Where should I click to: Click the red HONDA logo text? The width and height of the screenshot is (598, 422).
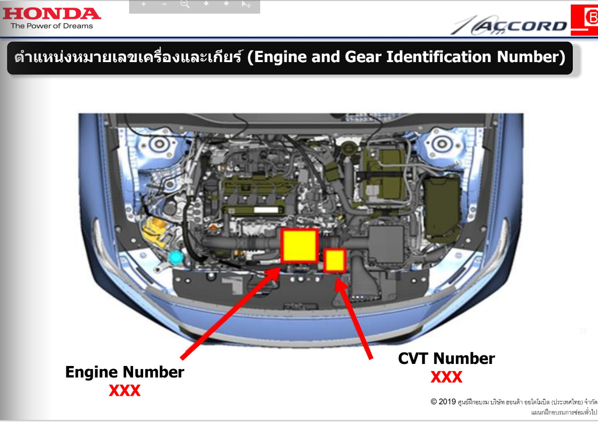pyautogui.click(x=51, y=14)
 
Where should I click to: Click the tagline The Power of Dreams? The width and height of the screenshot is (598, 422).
pyautogui.click(x=52, y=26)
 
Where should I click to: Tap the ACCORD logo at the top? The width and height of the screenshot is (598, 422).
pyautogui.click(x=510, y=25)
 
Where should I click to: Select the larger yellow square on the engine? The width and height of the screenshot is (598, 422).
pyautogui.click(x=300, y=245)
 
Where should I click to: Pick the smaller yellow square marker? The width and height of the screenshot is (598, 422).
pyautogui.click(x=335, y=260)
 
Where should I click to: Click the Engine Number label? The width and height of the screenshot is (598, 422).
pyautogui.click(x=125, y=373)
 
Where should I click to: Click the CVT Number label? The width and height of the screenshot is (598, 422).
pyautogui.click(x=446, y=358)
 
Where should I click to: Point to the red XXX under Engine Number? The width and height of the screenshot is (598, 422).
pyautogui.click(x=125, y=391)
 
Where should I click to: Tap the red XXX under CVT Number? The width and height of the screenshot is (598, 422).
pyautogui.click(x=447, y=377)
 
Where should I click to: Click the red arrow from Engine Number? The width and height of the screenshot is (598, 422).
pyautogui.click(x=231, y=313)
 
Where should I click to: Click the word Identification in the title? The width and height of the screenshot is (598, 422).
pyautogui.click(x=438, y=57)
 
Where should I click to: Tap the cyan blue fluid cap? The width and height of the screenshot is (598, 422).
pyautogui.click(x=176, y=257)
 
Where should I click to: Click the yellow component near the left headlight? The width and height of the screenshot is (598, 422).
pyautogui.click(x=156, y=231)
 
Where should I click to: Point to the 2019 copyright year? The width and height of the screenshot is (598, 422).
pyautogui.click(x=447, y=402)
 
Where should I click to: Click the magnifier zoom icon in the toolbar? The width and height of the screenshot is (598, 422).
pyautogui.click(x=185, y=4)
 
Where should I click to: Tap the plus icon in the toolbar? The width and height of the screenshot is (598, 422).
pyautogui.click(x=143, y=4)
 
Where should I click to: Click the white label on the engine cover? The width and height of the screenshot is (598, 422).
pyautogui.click(x=266, y=209)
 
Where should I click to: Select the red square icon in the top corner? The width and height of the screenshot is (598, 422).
pyautogui.click(x=584, y=20)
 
